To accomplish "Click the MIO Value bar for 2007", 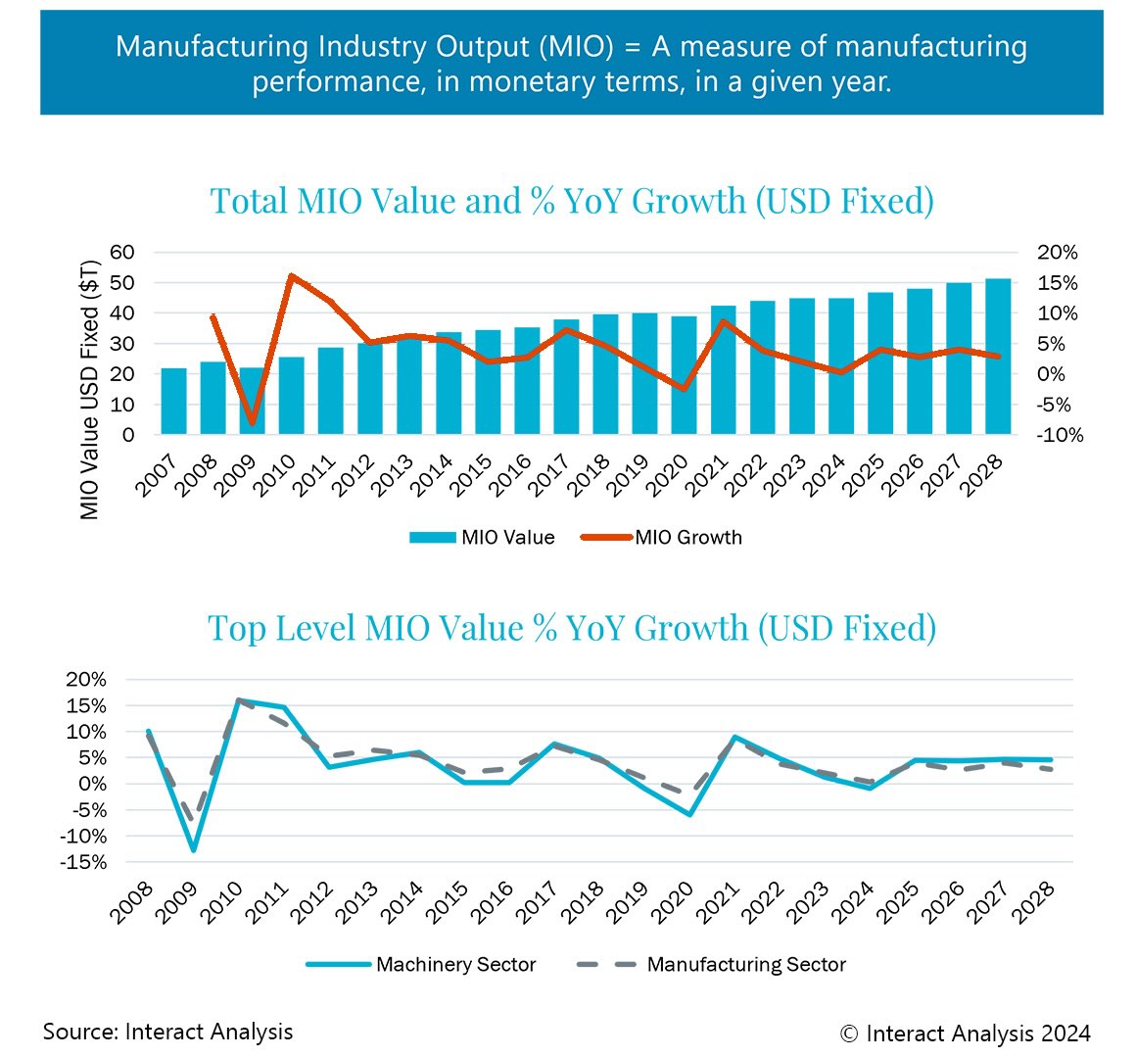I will (173, 402).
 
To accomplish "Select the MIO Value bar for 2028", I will (997, 358).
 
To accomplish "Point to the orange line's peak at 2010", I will (292, 276).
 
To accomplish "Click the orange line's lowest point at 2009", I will (253, 423).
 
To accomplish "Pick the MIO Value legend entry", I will (482, 537).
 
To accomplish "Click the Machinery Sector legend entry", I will (421, 964).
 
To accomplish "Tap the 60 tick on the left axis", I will (120, 252).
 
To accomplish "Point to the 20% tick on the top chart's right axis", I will (1057, 252).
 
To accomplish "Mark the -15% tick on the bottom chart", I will (83, 862).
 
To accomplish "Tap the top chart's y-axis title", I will (90, 390).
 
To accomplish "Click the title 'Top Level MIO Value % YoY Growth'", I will (571, 627).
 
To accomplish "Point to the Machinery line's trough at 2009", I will (194, 849).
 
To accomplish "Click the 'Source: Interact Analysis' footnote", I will (167, 1031).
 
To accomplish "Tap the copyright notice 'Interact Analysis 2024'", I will (966, 1033).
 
